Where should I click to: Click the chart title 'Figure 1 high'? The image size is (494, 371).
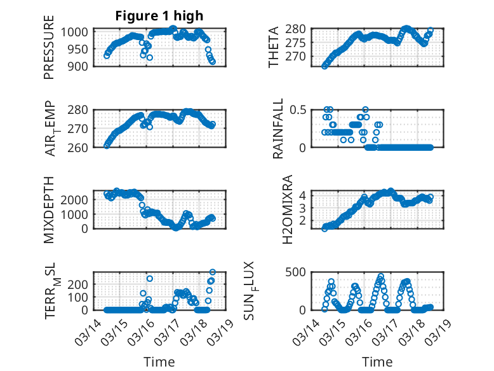click(x=159, y=16)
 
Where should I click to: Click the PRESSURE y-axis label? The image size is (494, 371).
click(x=49, y=52)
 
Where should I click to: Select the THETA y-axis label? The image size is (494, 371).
click(x=274, y=46)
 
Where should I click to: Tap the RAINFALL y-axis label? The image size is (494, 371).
click(x=278, y=129)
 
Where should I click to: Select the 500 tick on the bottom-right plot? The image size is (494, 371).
click(x=300, y=272)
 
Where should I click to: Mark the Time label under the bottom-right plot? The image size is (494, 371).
click(x=377, y=361)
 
